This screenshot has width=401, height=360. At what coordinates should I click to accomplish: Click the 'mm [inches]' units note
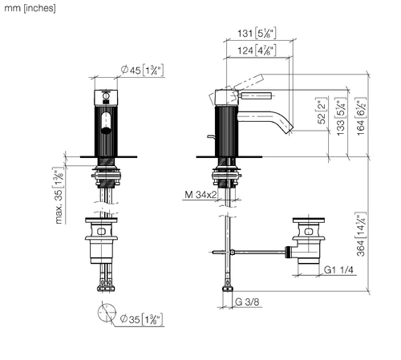30,8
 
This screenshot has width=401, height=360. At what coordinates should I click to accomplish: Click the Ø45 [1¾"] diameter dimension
142,71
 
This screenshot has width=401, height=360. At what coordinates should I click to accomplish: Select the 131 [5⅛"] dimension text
257,33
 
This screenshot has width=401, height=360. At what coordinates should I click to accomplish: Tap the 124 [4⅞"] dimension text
257,51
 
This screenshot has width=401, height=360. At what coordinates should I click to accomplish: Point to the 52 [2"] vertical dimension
322,111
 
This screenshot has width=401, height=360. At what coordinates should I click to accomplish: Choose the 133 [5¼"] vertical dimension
341,116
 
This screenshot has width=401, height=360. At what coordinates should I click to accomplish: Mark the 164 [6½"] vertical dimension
361,116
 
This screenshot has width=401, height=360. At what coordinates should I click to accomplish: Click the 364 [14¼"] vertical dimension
361,234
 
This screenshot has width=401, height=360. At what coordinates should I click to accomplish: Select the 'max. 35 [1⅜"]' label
59,196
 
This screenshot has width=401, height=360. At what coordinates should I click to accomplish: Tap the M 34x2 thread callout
200,195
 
